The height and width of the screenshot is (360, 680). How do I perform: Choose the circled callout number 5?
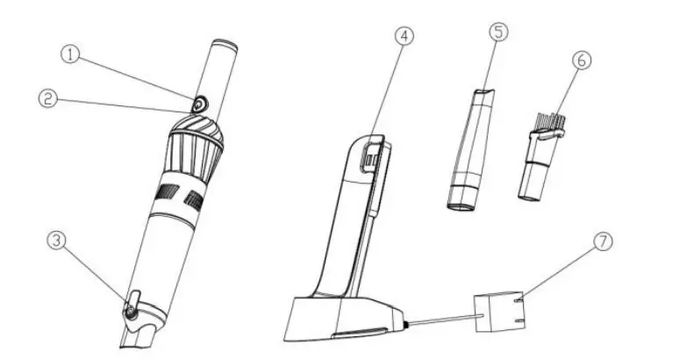pyautogui.click(x=497, y=32)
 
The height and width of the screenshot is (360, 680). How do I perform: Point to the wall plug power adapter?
pyautogui.click(x=501, y=313)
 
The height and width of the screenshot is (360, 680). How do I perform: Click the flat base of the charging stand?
pyautogui.click(x=342, y=320)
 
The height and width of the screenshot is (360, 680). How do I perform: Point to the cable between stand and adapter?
pyautogui.click(x=439, y=321)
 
